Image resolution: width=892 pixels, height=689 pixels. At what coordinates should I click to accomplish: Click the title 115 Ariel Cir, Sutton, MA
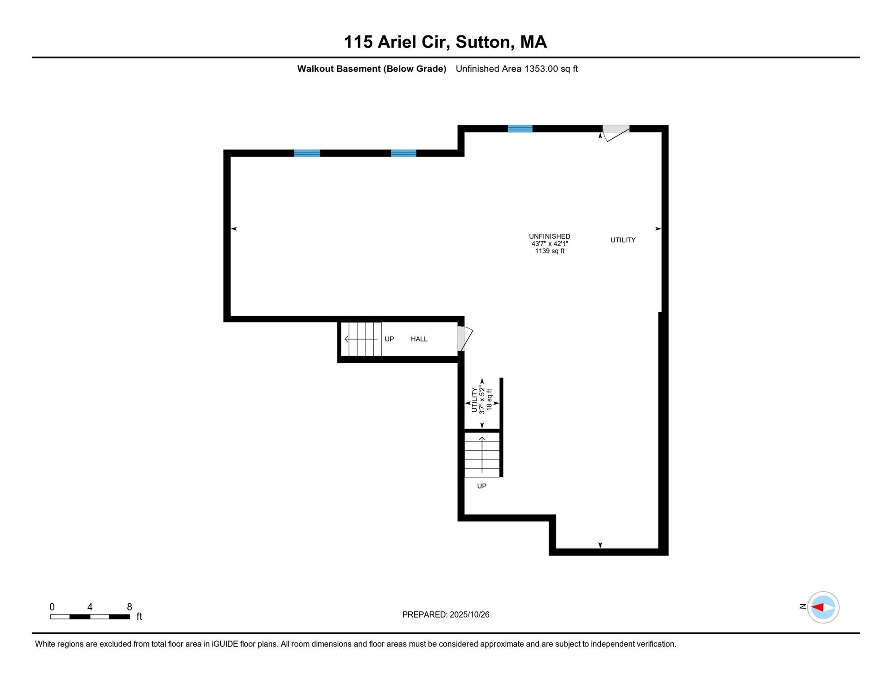click(445, 42)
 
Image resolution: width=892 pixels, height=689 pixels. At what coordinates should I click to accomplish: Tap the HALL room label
click(419, 339)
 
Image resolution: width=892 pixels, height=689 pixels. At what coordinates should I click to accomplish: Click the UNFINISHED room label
click(549, 236)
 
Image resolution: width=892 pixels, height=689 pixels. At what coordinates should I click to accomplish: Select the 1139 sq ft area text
click(549, 251)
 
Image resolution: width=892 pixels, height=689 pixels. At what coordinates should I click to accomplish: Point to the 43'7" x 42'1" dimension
click(550, 244)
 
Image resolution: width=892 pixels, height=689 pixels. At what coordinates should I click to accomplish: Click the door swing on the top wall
click(616, 133)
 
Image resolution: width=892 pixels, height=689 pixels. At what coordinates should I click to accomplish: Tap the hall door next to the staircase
click(464, 339)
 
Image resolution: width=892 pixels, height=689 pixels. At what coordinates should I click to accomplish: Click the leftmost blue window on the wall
click(307, 153)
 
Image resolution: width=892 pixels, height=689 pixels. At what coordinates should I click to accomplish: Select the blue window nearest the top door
click(520, 129)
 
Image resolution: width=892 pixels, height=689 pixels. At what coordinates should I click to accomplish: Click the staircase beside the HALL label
click(362, 339)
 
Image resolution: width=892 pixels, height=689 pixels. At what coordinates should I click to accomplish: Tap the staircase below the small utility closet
click(482, 454)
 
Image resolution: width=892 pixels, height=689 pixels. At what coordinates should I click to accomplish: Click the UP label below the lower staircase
click(481, 486)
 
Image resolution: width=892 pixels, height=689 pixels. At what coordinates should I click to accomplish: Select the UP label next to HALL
click(389, 339)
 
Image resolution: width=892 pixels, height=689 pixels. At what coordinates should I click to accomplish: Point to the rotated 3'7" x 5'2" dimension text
click(482, 400)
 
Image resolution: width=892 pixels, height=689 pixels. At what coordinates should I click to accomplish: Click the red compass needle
click(818, 607)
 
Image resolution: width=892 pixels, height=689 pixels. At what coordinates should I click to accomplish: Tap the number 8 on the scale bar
click(129, 607)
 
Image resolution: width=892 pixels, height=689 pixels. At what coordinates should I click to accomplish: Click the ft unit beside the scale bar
click(139, 617)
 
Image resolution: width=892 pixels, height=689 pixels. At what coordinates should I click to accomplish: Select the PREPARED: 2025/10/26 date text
click(446, 615)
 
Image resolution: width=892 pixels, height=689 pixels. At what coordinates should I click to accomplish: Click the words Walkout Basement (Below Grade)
click(372, 69)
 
